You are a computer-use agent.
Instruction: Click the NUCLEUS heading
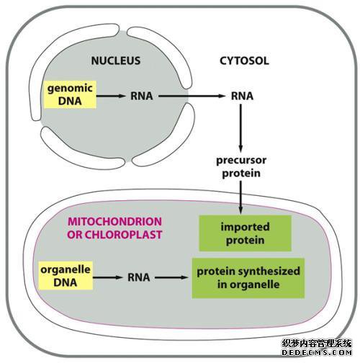click(116, 60)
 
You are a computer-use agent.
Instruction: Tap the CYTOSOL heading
click(244, 60)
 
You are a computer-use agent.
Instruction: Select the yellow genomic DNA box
click(70, 94)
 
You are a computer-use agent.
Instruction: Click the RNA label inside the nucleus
click(142, 96)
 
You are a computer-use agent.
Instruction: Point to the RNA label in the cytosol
click(242, 96)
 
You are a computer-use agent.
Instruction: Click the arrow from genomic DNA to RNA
click(111, 96)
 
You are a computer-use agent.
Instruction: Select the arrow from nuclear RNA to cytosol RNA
click(192, 96)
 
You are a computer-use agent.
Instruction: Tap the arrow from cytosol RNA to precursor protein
click(241, 127)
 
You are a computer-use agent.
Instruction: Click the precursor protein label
click(241, 166)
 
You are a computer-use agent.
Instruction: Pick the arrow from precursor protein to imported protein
click(241, 197)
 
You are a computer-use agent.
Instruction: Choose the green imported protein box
click(245, 233)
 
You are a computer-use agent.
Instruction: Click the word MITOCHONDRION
click(114, 221)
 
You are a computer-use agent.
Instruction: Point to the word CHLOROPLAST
click(124, 235)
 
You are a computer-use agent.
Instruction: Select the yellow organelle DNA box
click(66, 276)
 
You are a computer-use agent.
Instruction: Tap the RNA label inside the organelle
click(139, 277)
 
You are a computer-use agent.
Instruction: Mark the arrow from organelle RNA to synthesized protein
click(171, 277)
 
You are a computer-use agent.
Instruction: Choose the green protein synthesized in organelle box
click(248, 278)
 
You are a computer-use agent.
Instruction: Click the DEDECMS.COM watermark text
click(317, 352)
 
